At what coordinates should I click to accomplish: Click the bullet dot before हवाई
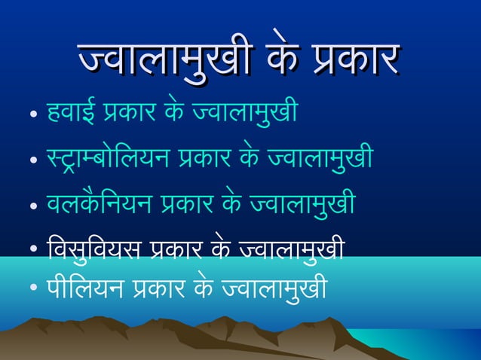coord(32,117)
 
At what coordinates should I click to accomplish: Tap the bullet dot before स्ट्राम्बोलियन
coord(32,160)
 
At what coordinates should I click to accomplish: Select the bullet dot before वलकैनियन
coord(32,205)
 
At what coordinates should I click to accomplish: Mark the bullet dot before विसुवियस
coord(32,246)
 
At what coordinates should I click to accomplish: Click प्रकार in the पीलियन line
coord(165,288)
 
